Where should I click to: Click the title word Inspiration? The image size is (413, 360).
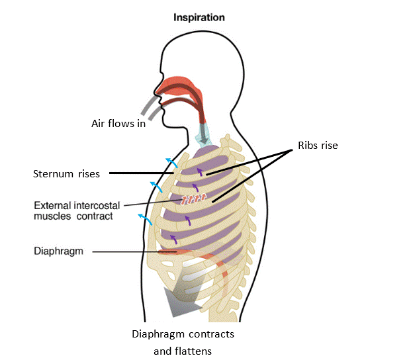tap(199, 18)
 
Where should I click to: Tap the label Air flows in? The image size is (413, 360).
tap(118, 123)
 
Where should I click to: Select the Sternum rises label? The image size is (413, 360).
tap(66, 174)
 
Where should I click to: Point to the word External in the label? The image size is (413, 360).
tap(52, 204)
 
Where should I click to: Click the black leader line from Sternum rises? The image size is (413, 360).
tap(142, 173)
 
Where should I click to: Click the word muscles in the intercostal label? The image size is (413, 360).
tap(52, 216)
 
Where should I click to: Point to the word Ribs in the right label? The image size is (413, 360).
tap(306, 145)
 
